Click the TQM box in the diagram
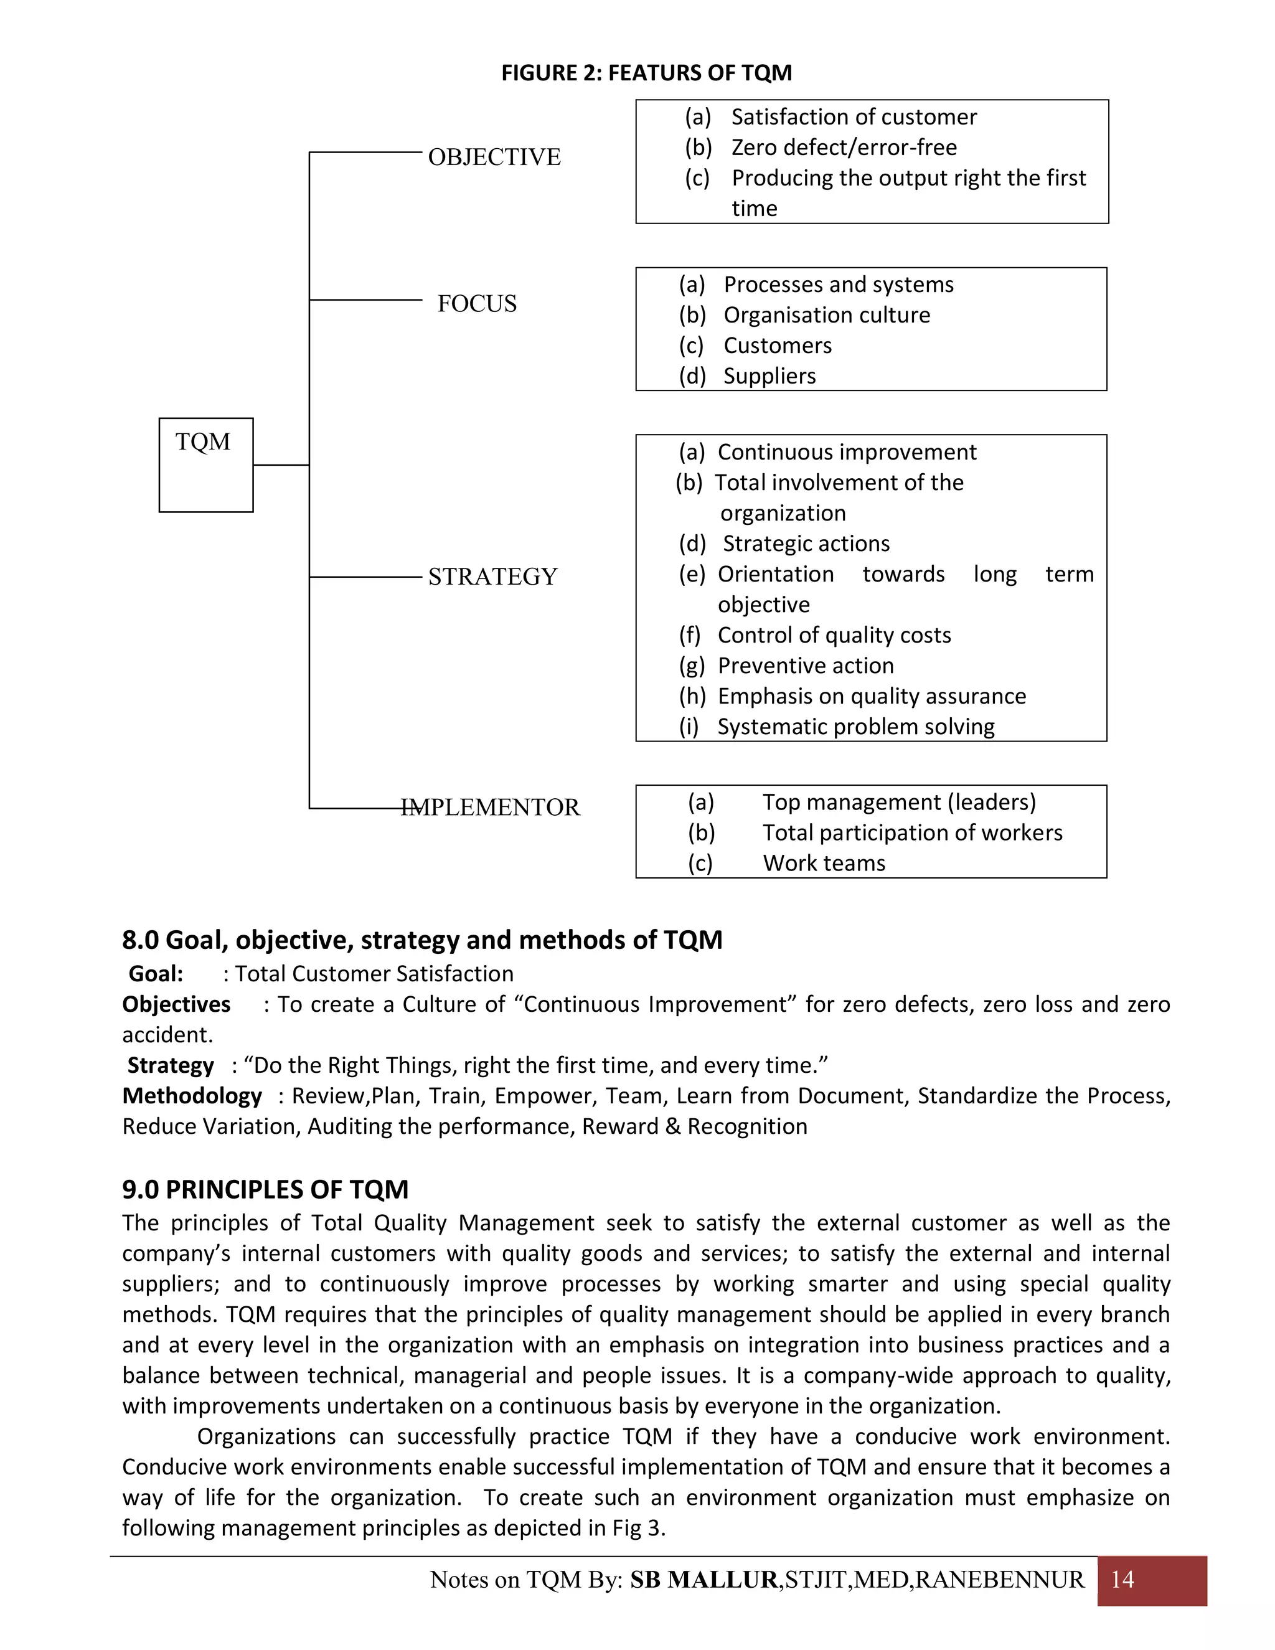click(x=205, y=464)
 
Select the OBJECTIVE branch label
click(x=494, y=157)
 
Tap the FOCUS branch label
click(x=477, y=304)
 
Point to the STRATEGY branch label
click(x=492, y=577)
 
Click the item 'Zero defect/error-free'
click(x=843, y=148)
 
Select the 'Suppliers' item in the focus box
click(x=769, y=376)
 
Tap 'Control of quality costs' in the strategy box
click(x=833, y=635)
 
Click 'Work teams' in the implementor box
click(x=823, y=864)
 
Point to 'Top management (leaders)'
click(x=899, y=803)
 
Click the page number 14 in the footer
click(x=1122, y=1580)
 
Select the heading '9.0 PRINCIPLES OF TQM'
click(x=265, y=1189)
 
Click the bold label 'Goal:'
click(x=156, y=974)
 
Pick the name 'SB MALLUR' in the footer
click(x=703, y=1580)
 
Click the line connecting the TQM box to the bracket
click(x=280, y=465)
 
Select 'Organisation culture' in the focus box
click(x=826, y=315)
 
